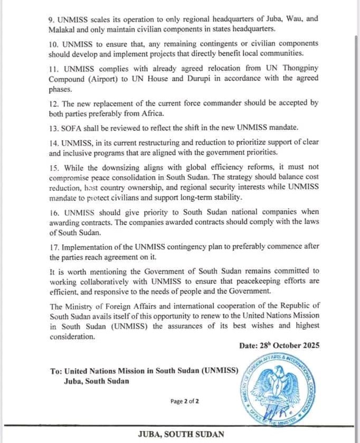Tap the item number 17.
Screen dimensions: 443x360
pyautogui.click(x=55, y=247)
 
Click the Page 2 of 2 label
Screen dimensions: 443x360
pyautogui.click(x=184, y=401)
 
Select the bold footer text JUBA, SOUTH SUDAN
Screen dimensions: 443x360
pyautogui.click(x=181, y=434)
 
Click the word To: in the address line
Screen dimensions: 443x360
pyautogui.click(x=56, y=371)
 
